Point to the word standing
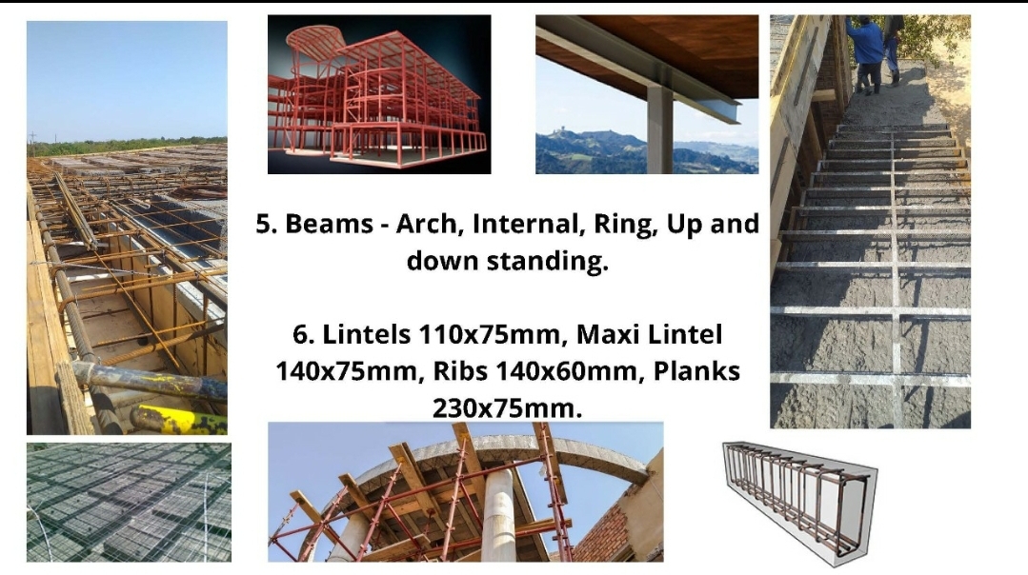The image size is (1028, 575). [x=548, y=261]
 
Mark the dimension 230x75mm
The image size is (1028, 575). [x=508, y=408]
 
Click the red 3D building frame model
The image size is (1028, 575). [x=379, y=94]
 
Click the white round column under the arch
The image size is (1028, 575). [x=499, y=516]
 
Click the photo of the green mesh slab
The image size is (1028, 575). [x=129, y=503]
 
